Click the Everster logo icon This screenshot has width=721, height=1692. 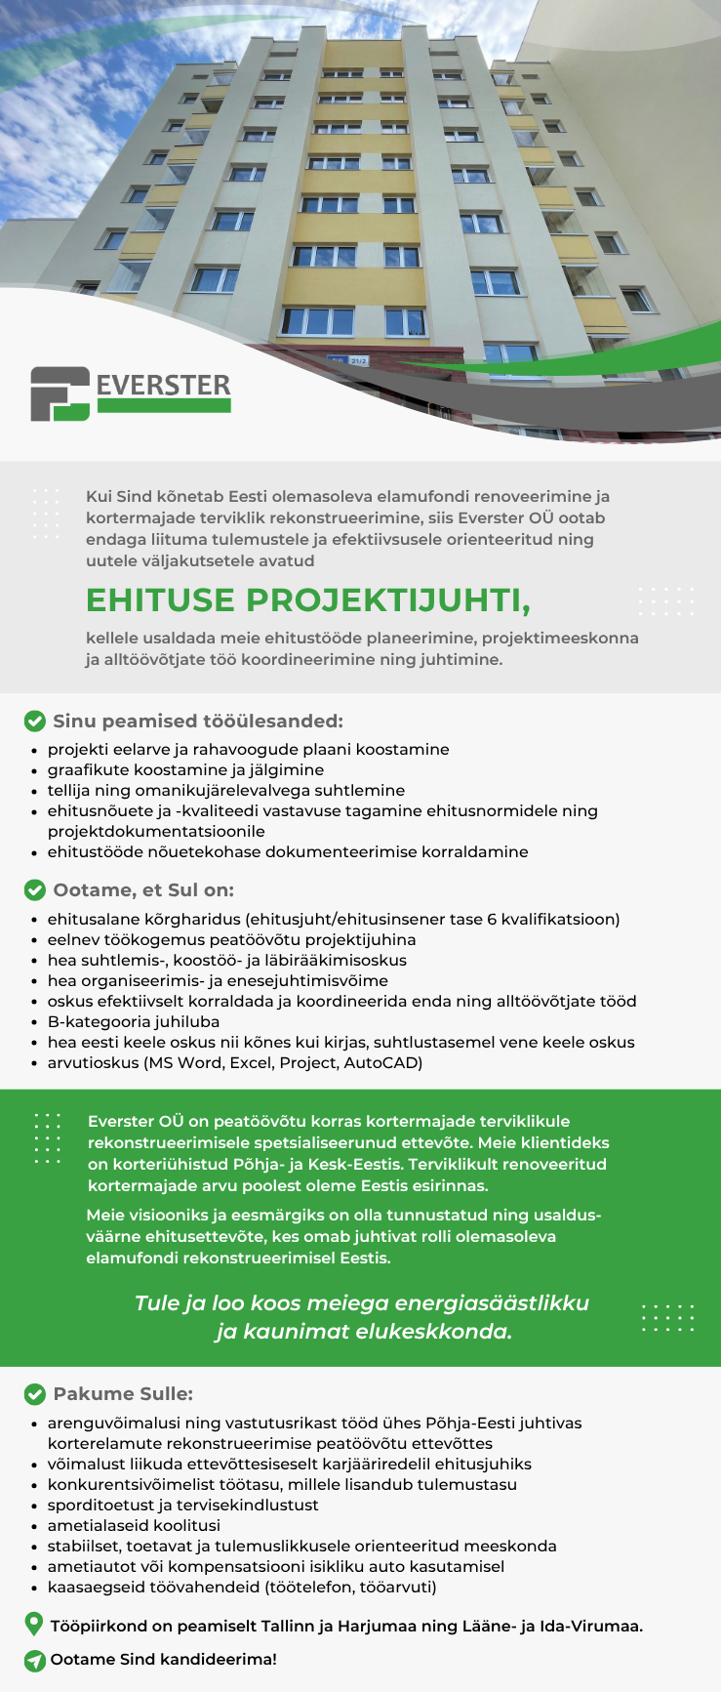point(60,393)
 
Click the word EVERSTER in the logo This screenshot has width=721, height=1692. point(163,385)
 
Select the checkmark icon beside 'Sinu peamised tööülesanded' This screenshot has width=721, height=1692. point(34,722)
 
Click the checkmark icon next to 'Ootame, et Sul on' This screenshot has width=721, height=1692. point(34,890)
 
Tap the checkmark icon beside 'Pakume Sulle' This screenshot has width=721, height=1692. point(34,1394)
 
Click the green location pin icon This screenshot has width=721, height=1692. point(34,1625)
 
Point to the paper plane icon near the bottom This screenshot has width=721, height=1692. point(34,1660)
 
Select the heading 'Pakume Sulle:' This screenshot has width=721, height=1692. point(123,1394)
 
